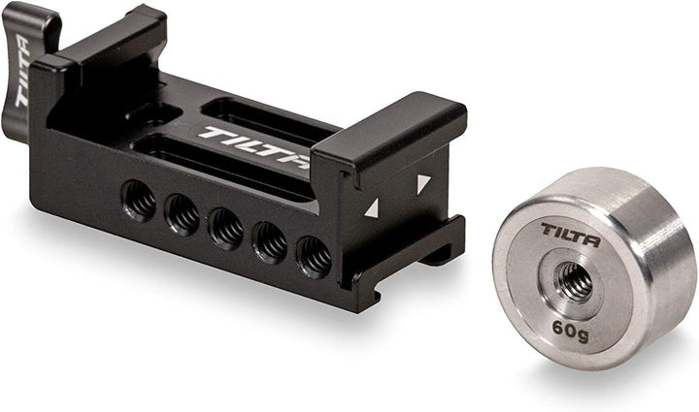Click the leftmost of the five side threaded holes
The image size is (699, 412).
(x=139, y=201)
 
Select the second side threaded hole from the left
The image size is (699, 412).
(x=183, y=214)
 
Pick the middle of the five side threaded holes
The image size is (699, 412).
(x=227, y=229)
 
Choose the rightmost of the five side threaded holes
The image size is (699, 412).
(x=314, y=256)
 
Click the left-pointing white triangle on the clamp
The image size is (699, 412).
(x=371, y=207)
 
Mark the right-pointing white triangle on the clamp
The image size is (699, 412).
(x=422, y=182)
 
